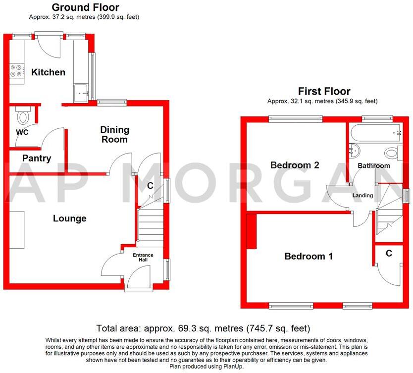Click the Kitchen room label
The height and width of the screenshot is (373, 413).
(48, 72)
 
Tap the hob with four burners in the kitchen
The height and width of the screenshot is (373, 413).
(16, 71)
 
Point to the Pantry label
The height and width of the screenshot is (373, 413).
(37, 159)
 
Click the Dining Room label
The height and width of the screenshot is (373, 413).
(114, 135)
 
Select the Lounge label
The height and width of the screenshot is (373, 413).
(70, 218)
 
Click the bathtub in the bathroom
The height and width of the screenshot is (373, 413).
(374, 133)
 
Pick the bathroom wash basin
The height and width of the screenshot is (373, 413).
(354, 150)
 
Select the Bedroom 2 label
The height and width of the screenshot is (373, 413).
(295, 165)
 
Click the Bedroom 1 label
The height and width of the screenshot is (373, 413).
(308, 256)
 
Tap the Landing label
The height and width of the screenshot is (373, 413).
(362, 196)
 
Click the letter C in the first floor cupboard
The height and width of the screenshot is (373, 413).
(389, 253)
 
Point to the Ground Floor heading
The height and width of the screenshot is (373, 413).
(85, 7)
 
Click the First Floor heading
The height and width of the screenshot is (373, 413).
(324, 91)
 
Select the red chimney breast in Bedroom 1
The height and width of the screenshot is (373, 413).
(252, 231)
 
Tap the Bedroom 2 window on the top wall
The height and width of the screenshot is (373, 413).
(295, 118)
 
